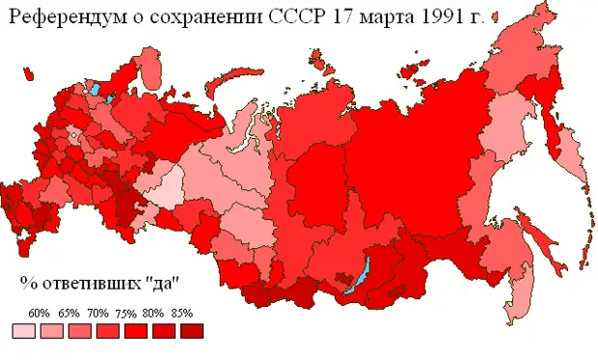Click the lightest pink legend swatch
(x=24, y=331)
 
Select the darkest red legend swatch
(x=192, y=331)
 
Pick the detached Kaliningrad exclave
(x=24, y=96)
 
